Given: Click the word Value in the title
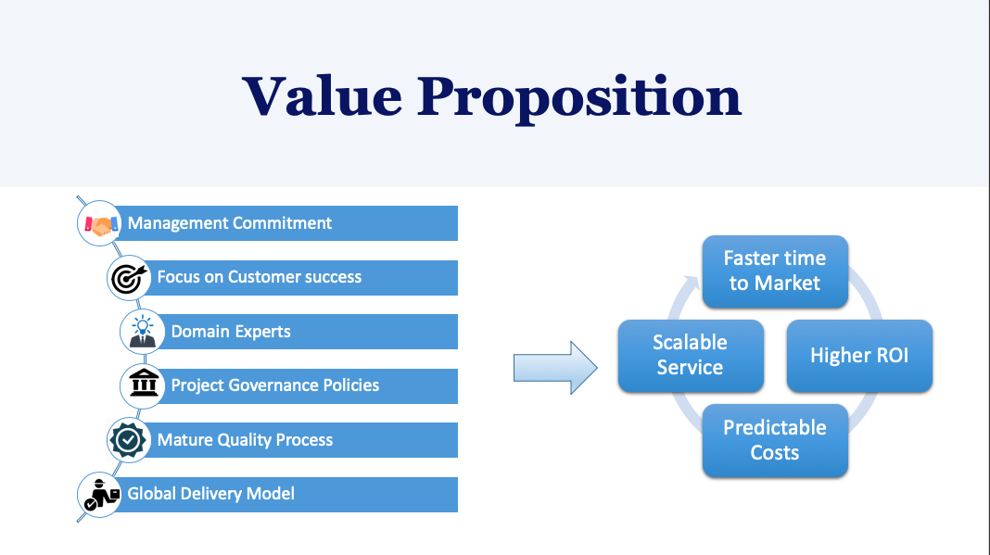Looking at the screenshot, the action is coord(322,96).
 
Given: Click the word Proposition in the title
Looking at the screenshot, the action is coord(579,100).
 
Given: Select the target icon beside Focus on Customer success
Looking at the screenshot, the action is coord(129,278).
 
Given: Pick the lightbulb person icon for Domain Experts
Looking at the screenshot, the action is coord(142,331).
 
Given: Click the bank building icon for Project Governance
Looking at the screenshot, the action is coord(144,383).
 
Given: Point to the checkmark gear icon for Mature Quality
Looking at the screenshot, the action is coord(128,439).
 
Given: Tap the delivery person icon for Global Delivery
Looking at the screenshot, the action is coord(101,494).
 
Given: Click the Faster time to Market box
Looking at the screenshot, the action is coord(775,271).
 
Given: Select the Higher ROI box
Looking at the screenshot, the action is coord(859,356).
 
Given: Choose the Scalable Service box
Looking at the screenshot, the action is coord(691,356).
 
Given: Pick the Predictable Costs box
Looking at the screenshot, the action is coord(775,440).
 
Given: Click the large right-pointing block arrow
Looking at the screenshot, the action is coord(555,368).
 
